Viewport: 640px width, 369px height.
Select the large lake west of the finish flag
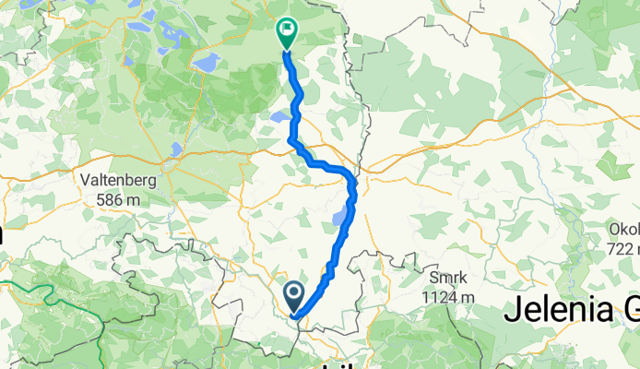[x=207, y=63]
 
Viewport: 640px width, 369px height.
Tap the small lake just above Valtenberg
[x=174, y=149]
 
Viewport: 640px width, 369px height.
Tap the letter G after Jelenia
[x=623, y=311]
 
